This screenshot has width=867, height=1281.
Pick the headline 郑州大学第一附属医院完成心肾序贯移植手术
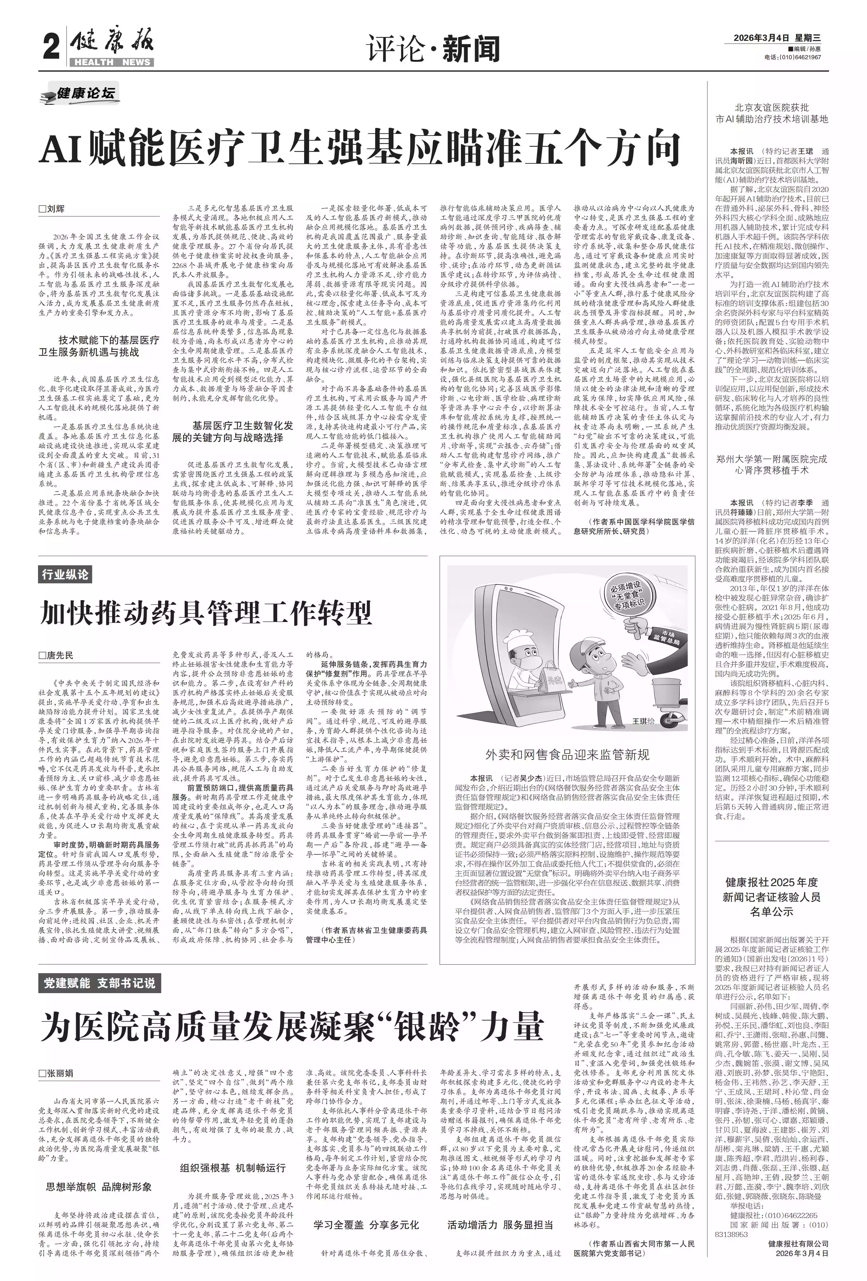tap(772, 465)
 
